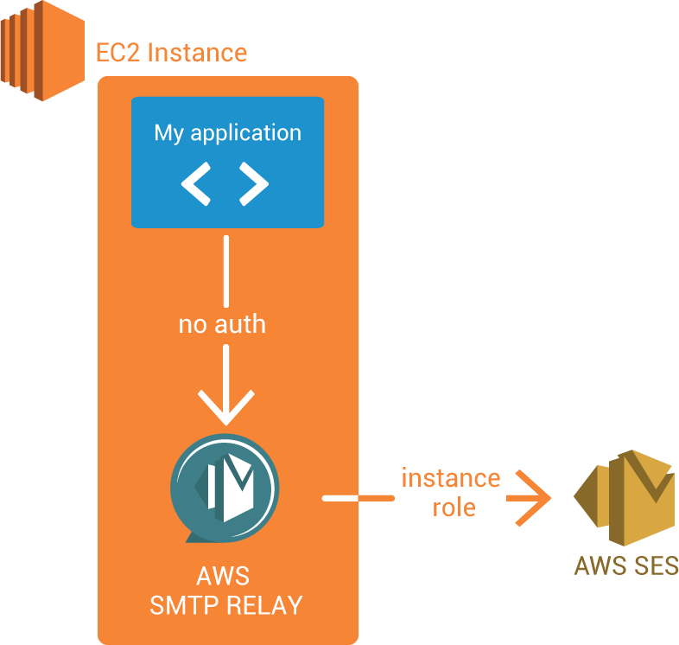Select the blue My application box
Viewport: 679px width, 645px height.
[227, 163]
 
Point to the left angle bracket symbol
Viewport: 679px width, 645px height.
[196, 184]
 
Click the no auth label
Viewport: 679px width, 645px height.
[222, 324]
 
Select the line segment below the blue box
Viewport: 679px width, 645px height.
[225, 268]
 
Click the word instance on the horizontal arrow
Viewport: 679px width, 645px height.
[450, 478]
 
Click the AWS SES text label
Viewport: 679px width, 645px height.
[626, 566]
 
